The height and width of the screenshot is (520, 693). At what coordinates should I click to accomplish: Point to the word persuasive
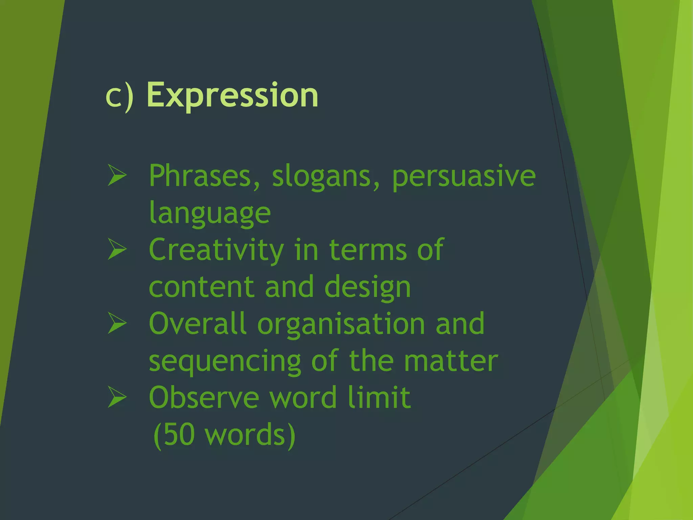pos(464,177)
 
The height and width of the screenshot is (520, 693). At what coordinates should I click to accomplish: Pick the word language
pos(210,213)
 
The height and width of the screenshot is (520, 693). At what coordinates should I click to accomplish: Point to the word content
pos(201,287)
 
